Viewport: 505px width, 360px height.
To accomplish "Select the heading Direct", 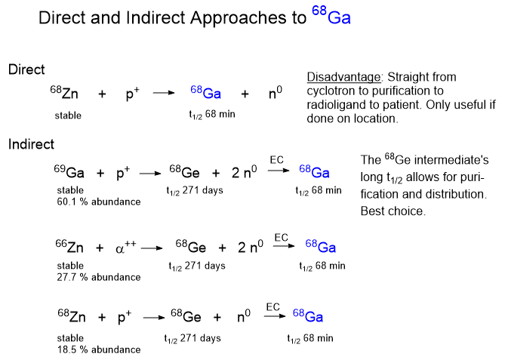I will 26,70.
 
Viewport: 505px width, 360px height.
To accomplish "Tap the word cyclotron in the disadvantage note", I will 331,91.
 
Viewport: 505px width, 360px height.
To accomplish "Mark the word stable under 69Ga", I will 70,190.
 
